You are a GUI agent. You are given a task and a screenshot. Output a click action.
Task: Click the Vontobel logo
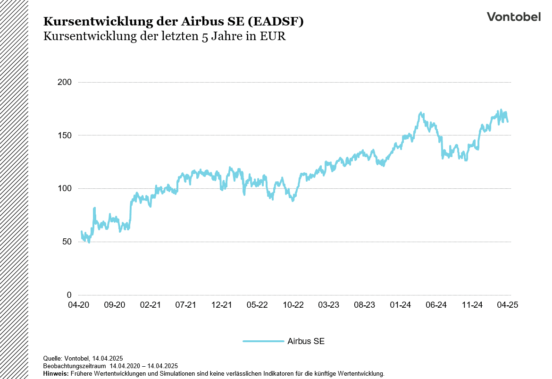[x=513, y=17]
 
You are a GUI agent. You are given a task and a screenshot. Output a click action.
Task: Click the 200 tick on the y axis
[x=65, y=82]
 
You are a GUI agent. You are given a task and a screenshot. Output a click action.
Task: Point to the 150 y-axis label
[x=65, y=135]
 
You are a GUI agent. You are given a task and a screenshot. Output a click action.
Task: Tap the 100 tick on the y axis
[x=65, y=189]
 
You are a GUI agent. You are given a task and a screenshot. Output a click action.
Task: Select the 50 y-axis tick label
[x=67, y=242]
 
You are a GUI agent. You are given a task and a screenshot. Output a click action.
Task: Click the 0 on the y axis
[x=69, y=295]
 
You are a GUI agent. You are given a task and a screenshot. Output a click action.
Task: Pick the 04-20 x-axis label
[x=79, y=305]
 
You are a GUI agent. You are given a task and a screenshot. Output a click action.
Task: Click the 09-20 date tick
[x=115, y=305]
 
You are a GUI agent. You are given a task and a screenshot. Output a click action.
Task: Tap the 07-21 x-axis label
[x=186, y=305]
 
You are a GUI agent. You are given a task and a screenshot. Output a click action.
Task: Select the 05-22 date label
[x=257, y=305]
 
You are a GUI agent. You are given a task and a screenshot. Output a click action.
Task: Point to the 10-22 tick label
[x=293, y=305]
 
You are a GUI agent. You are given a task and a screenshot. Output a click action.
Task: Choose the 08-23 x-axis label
[x=365, y=305]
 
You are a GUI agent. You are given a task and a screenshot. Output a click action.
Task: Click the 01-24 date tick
[x=400, y=305]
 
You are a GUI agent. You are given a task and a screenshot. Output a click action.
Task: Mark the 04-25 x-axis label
[x=508, y=305]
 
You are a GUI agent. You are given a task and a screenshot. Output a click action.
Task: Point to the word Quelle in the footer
[x=52, y=359]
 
